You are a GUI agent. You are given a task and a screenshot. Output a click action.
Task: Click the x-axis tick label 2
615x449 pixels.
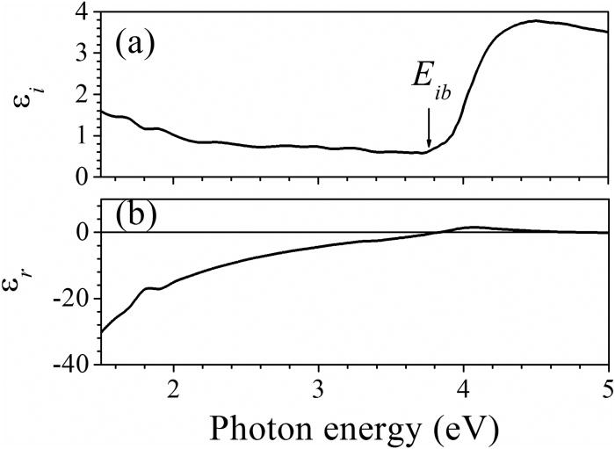(x=173, y=388)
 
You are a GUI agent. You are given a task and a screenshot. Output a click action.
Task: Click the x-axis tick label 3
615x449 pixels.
(x=319, y=388)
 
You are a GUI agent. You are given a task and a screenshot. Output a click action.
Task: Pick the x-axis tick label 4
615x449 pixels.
(x=464, y=388)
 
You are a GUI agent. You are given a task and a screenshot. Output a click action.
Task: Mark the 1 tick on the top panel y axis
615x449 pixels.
(x=81, y=136)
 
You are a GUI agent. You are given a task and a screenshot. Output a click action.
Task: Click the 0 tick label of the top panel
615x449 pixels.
(x=81, y=176)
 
